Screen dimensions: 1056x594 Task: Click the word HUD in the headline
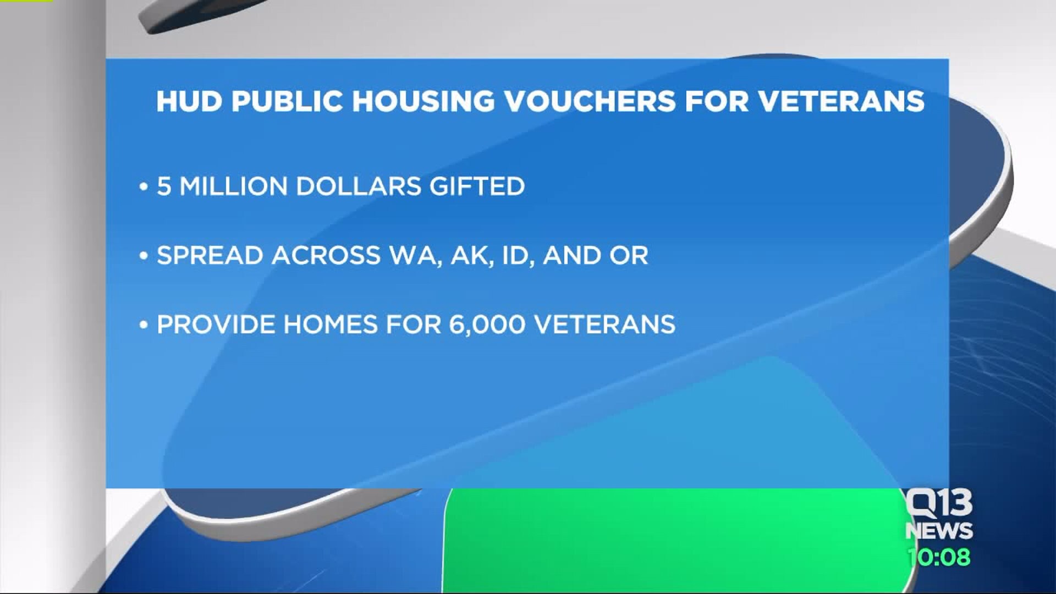point(189,101)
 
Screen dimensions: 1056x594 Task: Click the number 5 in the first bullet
point(164,186)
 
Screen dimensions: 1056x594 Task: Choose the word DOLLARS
point(359,186)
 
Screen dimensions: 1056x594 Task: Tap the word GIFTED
point(477,186)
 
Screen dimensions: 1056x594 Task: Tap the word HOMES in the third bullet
point(331,324)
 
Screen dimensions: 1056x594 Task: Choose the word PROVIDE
point(216,324)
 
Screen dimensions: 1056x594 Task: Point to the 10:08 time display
point(939,557)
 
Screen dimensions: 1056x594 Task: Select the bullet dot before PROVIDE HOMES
point(144,326)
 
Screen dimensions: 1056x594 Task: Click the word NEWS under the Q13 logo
point(939,531)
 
